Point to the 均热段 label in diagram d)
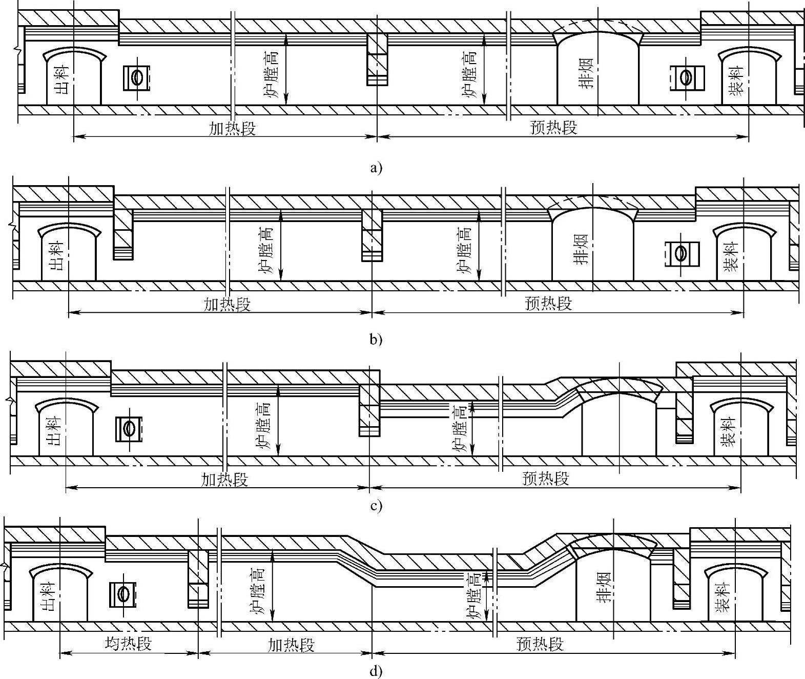click(x=129, y=643)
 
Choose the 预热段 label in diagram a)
click(x=554, y=127)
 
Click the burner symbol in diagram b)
click(x=680, y=253)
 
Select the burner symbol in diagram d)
click(x=122, y=594)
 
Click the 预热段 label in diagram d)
click(x=541, y=644)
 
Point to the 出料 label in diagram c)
click(x=55, y=431)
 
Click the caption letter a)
click(x=376, y=167)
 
